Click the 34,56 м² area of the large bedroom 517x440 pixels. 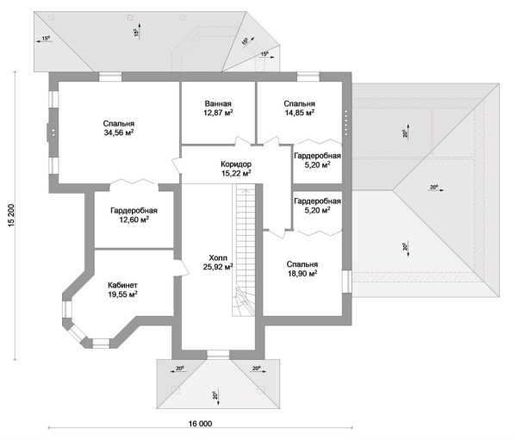(118, 133)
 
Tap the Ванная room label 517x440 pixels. (219, 102)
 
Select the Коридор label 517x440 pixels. (235, 164)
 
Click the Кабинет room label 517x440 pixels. (123, 284)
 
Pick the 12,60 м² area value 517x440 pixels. (134, 220)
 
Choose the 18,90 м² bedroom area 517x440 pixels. (302, 274)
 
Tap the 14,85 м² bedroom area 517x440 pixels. (299, 112)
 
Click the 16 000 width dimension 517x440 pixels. (198, 422)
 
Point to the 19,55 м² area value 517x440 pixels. (123, 294)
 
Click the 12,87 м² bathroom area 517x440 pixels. (219, 112)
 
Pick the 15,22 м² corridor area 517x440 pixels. (235, 173)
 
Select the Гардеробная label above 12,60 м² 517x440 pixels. (134, 210)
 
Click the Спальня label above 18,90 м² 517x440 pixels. (302, 264)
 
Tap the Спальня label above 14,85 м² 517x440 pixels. (299, 102)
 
